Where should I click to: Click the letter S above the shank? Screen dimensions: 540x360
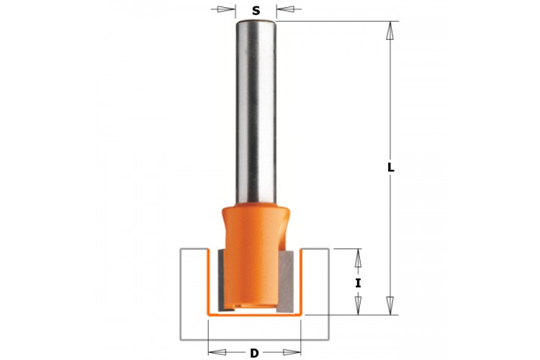256,11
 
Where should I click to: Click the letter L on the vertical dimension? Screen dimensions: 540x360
390,168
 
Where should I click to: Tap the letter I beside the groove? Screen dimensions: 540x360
358,284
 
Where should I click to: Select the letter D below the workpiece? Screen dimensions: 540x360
254,354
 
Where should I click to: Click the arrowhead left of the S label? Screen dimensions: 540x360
227,9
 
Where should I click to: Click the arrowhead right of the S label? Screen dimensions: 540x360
285,9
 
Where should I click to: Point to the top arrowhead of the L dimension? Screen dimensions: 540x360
390,30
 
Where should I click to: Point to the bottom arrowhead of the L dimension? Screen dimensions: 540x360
390,305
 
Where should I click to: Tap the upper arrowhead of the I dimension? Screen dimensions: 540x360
358,258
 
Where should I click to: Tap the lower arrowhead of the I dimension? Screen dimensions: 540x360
358,305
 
